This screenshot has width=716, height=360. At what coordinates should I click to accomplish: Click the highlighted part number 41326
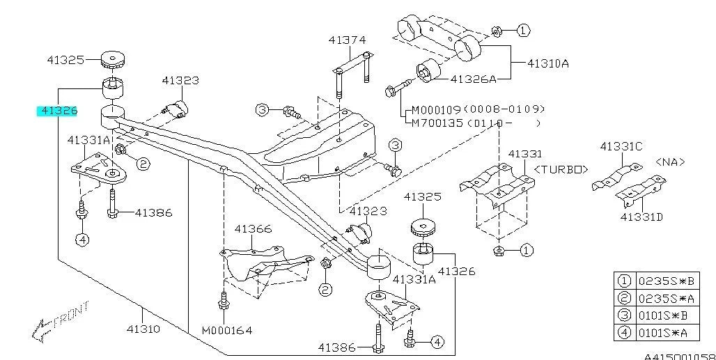tap(59, 111)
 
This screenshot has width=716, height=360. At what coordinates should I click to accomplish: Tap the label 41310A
tap(547, 63)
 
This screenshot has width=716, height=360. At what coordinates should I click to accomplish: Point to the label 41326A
tap(473, 79)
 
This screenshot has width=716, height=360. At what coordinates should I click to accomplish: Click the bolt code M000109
tap(435, 109)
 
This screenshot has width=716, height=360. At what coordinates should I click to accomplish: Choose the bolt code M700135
tap(435, 123)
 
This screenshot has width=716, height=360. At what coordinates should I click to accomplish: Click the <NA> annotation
tap(670, 162)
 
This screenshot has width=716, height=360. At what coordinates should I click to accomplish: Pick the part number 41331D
tap(641, 217)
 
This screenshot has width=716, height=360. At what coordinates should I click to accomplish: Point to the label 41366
tap(253, 228)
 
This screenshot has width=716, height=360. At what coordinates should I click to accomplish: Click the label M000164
tap(227, 330)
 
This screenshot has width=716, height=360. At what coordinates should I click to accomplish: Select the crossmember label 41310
tap(143, 329)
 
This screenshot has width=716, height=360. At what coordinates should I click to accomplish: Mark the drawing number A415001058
tap(679, 356)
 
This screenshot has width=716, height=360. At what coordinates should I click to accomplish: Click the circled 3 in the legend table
tap(624, 316)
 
